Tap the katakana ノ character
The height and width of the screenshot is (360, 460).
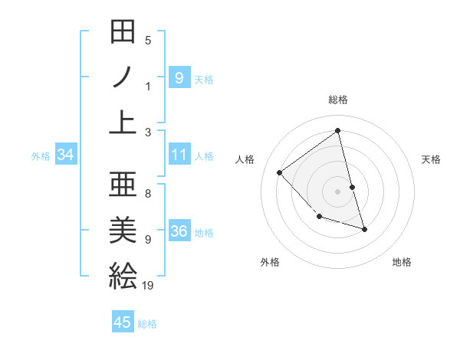pos(123,77)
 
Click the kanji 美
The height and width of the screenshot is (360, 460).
pos(123,228)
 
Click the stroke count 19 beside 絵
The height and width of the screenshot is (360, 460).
pos(148,285)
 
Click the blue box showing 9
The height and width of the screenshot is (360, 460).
pos(179,77)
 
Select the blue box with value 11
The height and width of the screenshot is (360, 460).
pos(179,155)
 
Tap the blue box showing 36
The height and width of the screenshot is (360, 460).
pos(179,232)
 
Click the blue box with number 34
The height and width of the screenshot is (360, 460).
pos(65,155)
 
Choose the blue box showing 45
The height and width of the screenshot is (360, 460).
pos(123,322)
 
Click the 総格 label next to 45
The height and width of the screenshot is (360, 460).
pos(147,324)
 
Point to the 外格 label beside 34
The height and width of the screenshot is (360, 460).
pos(41,156)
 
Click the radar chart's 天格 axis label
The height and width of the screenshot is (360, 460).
pos(432,159)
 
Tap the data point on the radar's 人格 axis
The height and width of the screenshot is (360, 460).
pos(280,172)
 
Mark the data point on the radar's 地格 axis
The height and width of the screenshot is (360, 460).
pos(364,229)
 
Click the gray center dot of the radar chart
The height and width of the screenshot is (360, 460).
pos(337,191)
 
